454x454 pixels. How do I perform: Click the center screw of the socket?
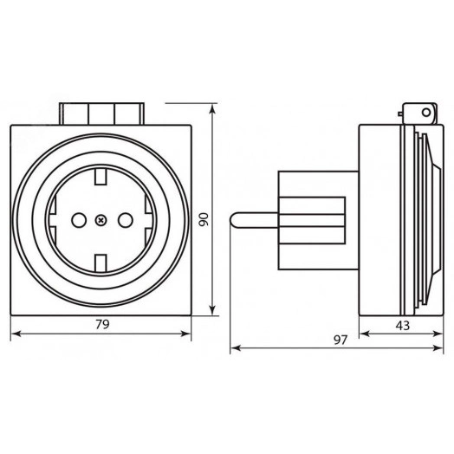click(x=101, y=220)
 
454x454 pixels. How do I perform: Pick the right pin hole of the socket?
click(x=122, y=220)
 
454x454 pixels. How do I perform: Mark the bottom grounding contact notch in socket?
click(x=101, y=261)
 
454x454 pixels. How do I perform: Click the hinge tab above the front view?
click(x=101, y=114)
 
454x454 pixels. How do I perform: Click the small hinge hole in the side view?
click(x=422, y=111)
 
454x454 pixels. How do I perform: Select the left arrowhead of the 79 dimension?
click(x=13, y=336)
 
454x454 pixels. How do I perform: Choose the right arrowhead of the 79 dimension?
click(x=190, y=336)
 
